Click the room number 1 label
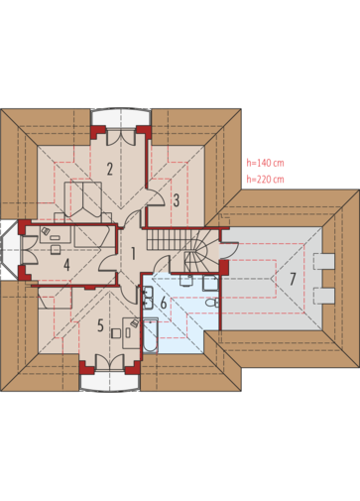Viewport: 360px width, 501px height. pos(133,254)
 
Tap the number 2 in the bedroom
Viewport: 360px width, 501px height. pos(109,169)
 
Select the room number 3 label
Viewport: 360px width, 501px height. pos(177,200)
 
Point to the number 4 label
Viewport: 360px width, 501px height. pos(67,265)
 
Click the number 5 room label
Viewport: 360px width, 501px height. pos(100,325)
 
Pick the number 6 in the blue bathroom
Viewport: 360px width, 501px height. pos(164,303)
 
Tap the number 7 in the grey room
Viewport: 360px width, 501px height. pos(293,279)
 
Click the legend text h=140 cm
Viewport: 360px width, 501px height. pos(265,163)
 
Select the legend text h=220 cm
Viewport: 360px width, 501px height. pos(265,179)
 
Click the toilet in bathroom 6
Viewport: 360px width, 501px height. pos(211,303)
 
